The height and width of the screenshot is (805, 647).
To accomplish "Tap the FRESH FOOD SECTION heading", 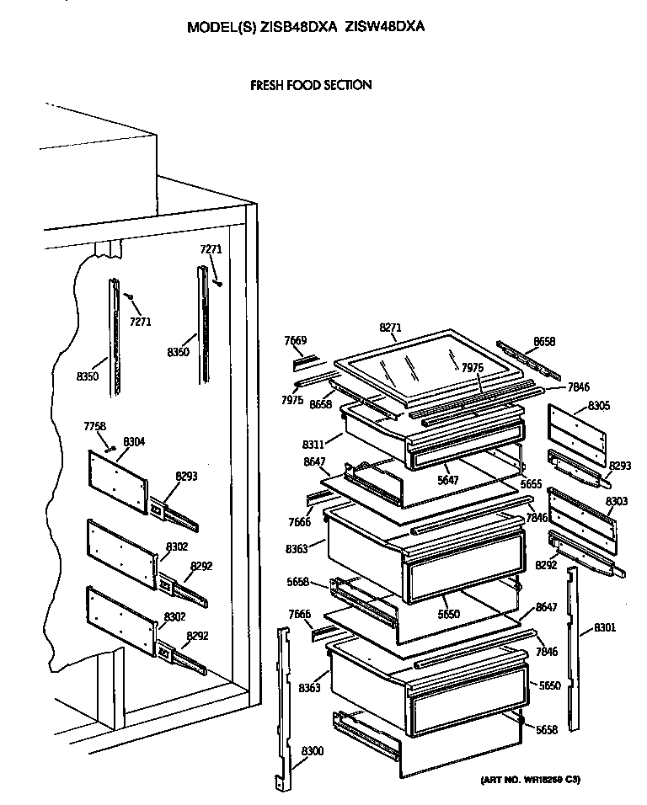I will tap(311, 85).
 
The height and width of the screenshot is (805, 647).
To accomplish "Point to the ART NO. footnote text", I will tap(530, 780).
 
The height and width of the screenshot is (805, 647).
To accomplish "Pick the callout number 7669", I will tap(295, 340).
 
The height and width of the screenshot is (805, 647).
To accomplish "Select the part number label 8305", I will tap(600, 405).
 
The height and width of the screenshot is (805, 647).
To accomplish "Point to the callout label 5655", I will tap(531, 484).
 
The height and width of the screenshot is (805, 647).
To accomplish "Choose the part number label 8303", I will tap(617, 501).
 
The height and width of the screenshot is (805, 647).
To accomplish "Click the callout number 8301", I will tap(605, 626).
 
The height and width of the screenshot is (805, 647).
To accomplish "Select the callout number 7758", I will tap(95, 426).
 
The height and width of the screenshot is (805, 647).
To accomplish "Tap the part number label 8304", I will tap(133, 441).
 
